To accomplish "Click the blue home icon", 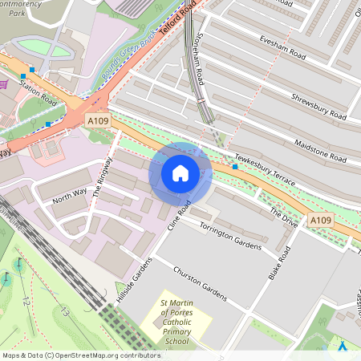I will point(180,173).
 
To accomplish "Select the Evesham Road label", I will point(283,47).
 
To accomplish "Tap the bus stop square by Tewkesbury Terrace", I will point(235,167).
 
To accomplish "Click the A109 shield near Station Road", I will point(97,120).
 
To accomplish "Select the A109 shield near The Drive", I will point(320,220).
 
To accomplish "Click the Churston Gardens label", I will point(201,280).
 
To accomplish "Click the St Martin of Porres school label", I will point(175,321).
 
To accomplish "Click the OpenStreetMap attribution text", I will point(80,355).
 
